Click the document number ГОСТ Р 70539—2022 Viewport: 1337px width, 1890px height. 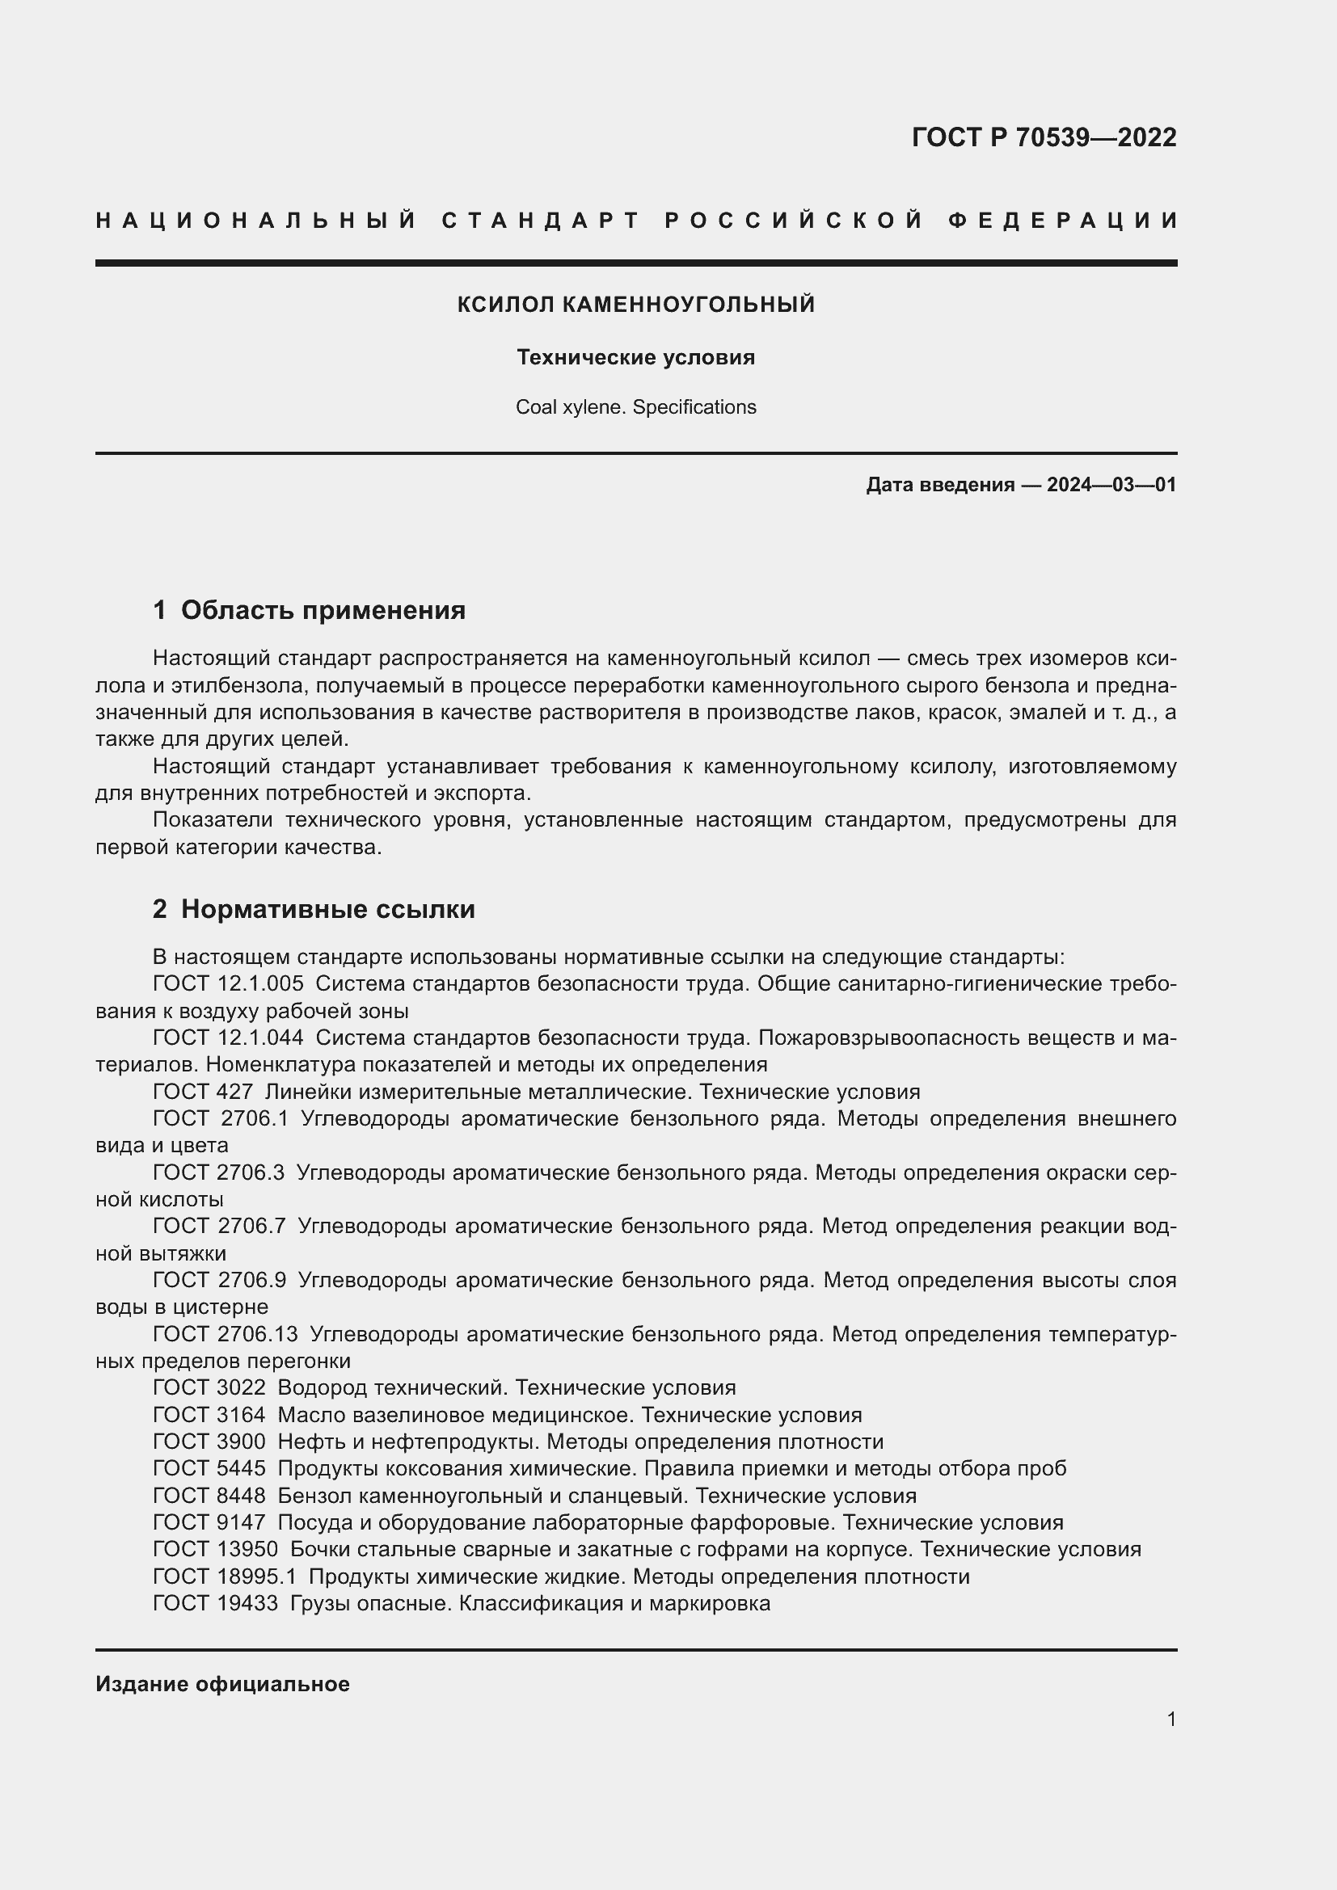pyautogui.click(x=1043, y=137)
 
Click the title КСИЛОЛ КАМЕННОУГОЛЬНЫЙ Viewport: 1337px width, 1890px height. pyautogui.click(x=635, y=305)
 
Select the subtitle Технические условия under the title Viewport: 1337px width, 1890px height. pyautogui.click(x=635, y=357)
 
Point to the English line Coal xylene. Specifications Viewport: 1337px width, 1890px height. pyautogui.click(x=635, y=407)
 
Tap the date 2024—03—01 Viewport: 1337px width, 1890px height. pyautogui.click(x=1111, y=485)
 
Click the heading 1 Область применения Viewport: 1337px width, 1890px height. pyautogui.click(x=309, y=610)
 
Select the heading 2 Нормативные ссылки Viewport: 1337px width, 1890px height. pyautogui.click(x=314, y=909)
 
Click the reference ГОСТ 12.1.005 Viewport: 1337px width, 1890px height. pyautogui.click(x=228, y=983)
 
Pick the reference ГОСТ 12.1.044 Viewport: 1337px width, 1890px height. pyautogui.click(x=228, y=1038)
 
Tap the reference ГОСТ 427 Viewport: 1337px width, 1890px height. pyautogui.click(x=203, y=1092)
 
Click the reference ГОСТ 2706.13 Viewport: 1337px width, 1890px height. pyautogui.click(x=226, y=1333)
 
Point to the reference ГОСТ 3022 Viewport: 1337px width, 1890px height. pyautogui.click(x=209, y=1388)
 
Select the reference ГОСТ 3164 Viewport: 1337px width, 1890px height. pyautogui.click(x=209, y=1415)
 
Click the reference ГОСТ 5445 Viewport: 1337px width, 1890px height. pyautogui.click(x=209, y=1468)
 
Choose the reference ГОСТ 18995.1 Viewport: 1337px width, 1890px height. pyautogui.click(x=225, y=1576)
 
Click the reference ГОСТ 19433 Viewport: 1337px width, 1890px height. pyautogui.click(x=216, y=1602)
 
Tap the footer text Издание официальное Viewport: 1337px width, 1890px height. pyautogui.click(x=222, y=1684)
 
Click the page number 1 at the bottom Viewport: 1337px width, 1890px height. pyautogui.click(x=1170, y=1719)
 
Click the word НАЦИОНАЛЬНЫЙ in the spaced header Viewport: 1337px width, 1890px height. pyautogui.click(x=256, y=221)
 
